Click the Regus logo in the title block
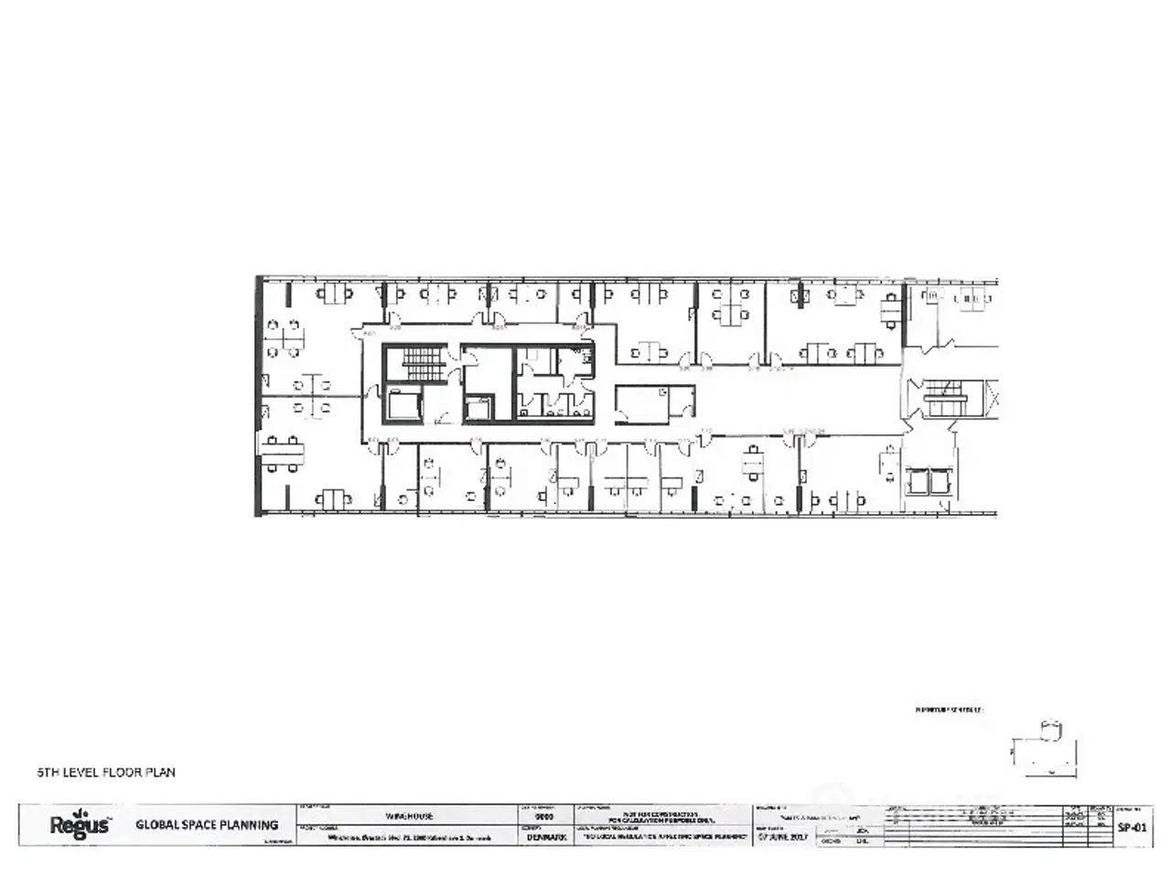[80, 824]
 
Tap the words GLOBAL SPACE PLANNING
[207, 825]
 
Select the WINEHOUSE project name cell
[409, 815]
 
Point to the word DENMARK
[546, 837]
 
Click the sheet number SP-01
[1132, 826]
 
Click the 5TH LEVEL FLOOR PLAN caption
[106, 772]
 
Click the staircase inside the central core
[422, 363]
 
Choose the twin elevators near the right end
[929, 480]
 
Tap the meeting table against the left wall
[283, 452]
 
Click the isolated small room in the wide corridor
[653, 403]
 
